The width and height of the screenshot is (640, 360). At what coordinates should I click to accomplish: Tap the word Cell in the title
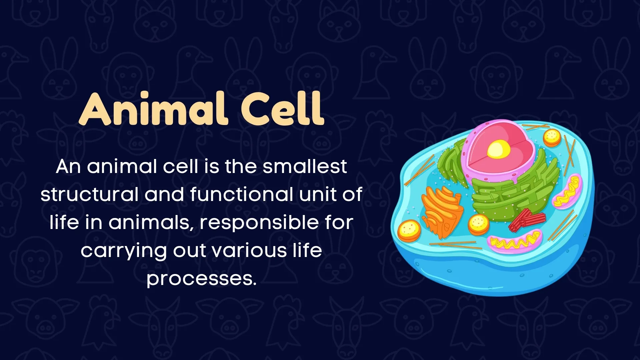(x=282, y=109)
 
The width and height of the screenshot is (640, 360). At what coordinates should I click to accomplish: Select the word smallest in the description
(x=305, y=166)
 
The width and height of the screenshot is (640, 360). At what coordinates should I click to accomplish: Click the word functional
(x=241, y=194)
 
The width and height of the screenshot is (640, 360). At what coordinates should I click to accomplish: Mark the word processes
(x=201, y=279)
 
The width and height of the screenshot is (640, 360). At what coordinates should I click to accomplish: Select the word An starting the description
(x=68, y=166)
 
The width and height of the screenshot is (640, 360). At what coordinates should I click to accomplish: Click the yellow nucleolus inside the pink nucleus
(x=499, y=149)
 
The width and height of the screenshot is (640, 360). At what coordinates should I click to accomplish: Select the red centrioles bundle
(x=527, y=220)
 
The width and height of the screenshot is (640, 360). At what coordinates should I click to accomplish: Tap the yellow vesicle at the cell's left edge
(x=409, y=230)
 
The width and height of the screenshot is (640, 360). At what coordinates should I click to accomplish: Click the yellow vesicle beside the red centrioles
(x=479, y=224)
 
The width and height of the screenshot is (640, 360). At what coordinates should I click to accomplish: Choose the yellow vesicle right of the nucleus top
(x=552, y=137)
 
